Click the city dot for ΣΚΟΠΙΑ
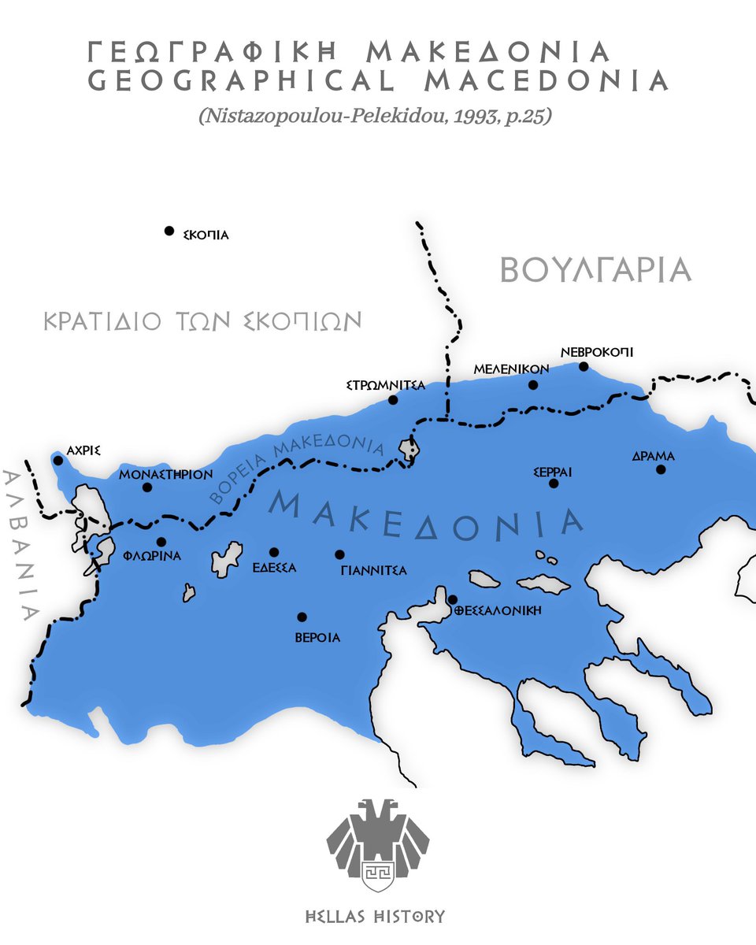pyautogui.click(x=169, y=231)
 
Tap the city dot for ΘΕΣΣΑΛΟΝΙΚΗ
pyautogui.click(x=453, y=600)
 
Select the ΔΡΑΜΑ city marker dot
pyautogui.click(x=661, y=470)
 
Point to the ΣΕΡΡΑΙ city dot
pyautogui.click(x=553, y=483)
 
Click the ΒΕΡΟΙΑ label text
pyautogui.click(x=317, y=637)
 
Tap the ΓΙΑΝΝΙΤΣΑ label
pyautogui.click(x=374, y=570)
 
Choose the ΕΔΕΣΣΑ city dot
pyautogui.click(x=274, y=552)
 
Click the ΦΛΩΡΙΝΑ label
pyautogui.click(x=152, y=556)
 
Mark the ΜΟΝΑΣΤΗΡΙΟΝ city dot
pyautogui.click(x=147, y=487)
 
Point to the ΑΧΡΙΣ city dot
pyautogui.click(x=57, y=461)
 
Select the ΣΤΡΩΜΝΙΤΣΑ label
pyautogui.click(x=386, y=385)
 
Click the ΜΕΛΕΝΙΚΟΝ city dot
pyautogui.click(x=533, y=385)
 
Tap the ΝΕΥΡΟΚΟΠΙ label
pyautogui.click(x=597, y=352)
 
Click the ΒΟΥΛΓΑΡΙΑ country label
pyautogui.click(x=595, y=270)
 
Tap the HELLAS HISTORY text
pyautogui.click(x=376, y=917)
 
